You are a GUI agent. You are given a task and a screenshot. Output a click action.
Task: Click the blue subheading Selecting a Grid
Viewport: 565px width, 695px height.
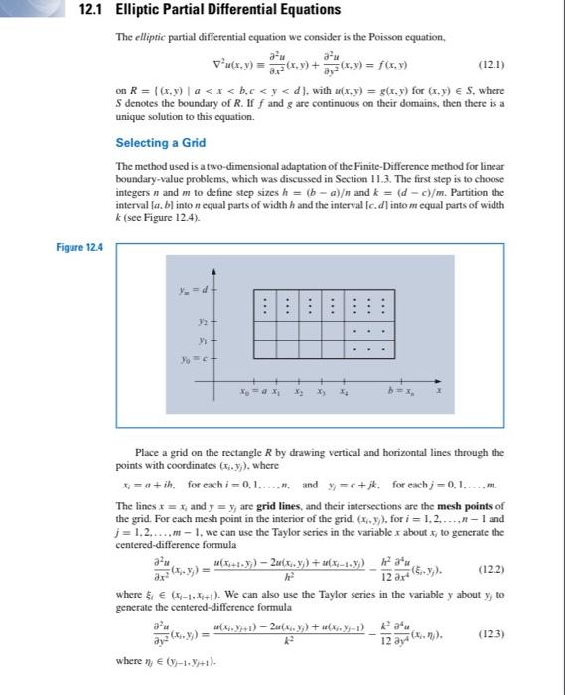tap(160, 143)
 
